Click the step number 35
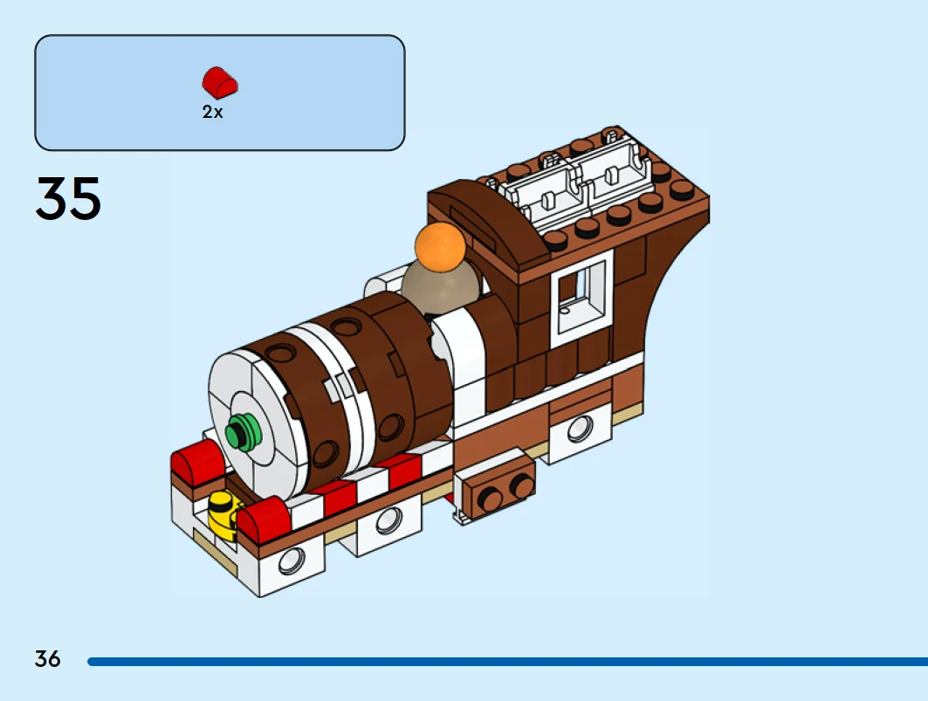click(68, 198)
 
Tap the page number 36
click(48, 659)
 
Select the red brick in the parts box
click(221, 82)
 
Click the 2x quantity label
click(213, 112)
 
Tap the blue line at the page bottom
click(506, 662)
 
